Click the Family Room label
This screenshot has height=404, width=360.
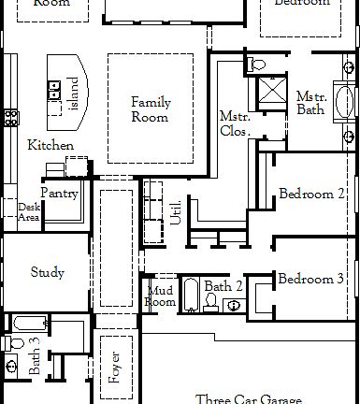click(x=150, y=109)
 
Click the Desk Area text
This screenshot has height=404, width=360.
click(x=28, y=211)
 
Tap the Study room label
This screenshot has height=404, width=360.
click(x=47, y=273)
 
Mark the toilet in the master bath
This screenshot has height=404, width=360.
click(x=258, y=64)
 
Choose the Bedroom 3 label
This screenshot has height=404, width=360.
click(x=312, y=280)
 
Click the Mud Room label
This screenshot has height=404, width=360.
click(x=161, y=296)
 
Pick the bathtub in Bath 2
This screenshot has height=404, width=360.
click(x=190, y=295)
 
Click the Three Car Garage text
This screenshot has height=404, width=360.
click(x=250, y=398)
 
